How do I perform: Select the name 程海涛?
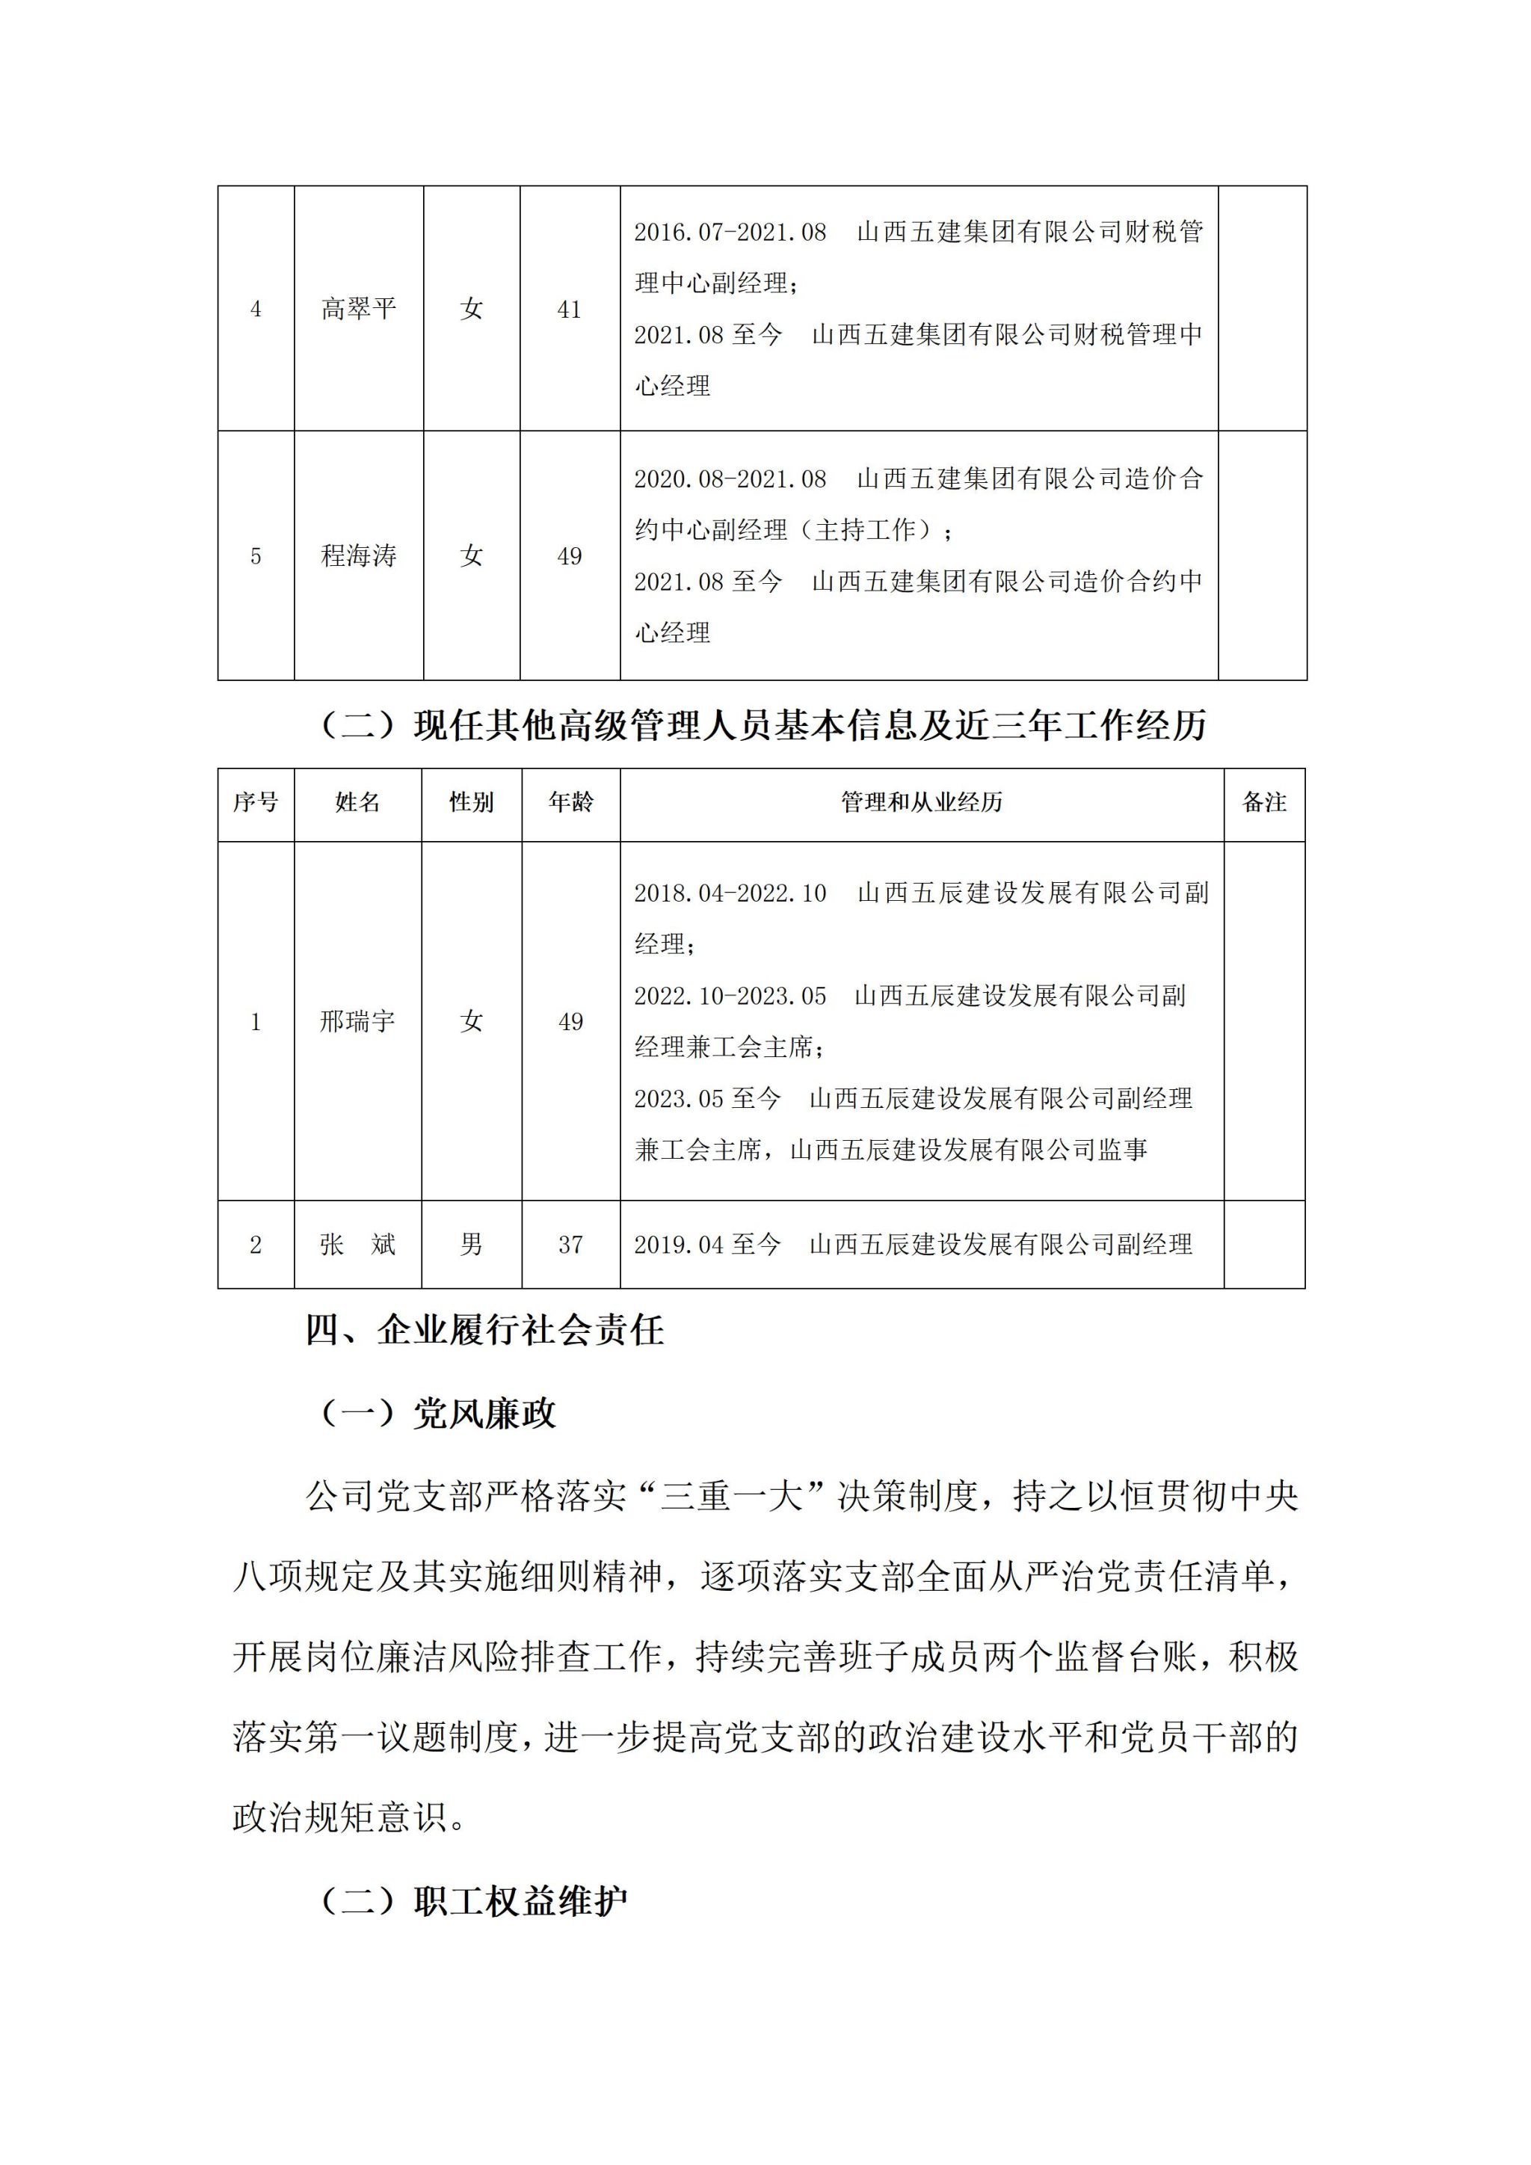358,555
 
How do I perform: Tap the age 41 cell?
570,309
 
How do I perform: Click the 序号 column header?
256,802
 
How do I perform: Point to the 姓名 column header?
357,802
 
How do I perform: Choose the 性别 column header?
472,802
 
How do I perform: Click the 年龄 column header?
570,802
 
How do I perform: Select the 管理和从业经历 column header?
921,802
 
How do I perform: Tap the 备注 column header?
1264,802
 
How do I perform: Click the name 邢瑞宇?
357,1021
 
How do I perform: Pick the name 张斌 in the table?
357,1245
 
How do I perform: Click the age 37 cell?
570,1245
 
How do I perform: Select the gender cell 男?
472,1245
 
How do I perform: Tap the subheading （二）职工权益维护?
473,1901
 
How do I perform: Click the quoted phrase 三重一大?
732,1497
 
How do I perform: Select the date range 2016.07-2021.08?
730,232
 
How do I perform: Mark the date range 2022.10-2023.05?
730,996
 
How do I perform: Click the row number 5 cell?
256,556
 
